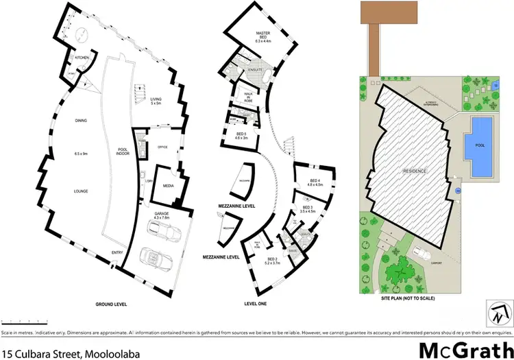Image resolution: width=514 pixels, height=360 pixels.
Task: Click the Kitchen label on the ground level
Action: pyautogui.click(x=82, y=58)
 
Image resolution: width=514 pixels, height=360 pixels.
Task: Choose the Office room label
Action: pyautogui.click(x=162, y=147)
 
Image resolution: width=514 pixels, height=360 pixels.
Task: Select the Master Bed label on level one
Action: pyautogui.click(x=265, y=36)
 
